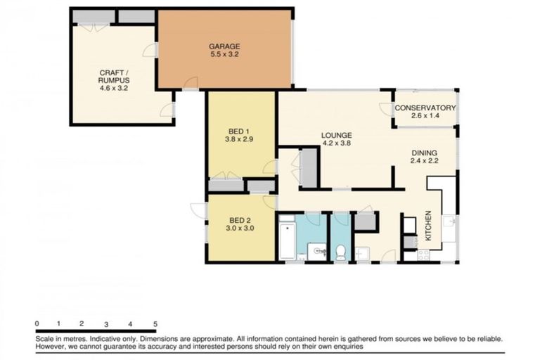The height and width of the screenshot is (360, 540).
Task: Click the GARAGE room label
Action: click(224, 46)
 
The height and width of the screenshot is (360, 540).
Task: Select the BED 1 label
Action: click(239, 131)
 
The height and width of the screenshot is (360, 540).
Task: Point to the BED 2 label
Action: click(239, 219)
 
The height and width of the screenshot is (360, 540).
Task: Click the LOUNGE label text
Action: click(336, 135)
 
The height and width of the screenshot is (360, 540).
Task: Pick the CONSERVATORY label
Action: click(425, 108)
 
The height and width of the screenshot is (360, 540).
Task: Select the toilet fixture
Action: click(341, 252)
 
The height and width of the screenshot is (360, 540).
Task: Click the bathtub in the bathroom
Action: click(286, 240)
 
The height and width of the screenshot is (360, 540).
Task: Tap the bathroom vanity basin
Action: click(316, 250)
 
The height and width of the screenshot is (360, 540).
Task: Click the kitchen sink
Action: click(449, 228)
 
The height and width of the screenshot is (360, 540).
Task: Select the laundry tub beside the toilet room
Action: click(362, 253)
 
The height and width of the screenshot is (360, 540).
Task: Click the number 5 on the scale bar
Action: click(155, 323)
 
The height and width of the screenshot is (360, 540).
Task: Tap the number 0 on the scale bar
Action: click(37, 323)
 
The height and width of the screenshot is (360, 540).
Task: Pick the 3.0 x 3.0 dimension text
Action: click(239, 228)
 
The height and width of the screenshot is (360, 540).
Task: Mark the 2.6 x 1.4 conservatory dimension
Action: click(425, 115)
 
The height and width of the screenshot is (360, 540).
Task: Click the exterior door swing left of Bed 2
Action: click(198, 210)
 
